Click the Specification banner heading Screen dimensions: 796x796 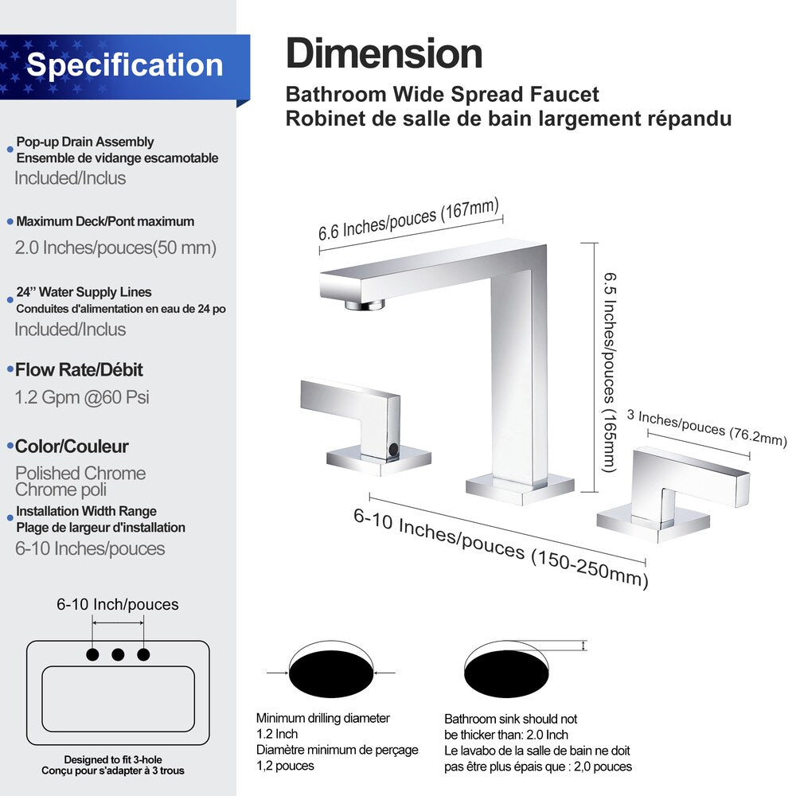(x=124, y=64)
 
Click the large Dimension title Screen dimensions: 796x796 (x=384, y=54)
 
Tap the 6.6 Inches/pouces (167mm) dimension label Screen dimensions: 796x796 (x=409, y=220)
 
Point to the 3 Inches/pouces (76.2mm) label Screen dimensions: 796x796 (x=707, y=427)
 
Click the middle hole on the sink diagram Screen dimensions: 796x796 (x=118, y=654)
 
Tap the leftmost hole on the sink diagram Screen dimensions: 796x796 (x=92, y=654)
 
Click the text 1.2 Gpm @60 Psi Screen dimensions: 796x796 (x=82, y=396)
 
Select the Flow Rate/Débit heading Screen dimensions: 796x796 (x=79, y=369)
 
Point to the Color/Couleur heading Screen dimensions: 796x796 (x=72, y=447)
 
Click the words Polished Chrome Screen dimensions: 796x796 (x=80, y=474)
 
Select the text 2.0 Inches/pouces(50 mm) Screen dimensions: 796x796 (x=115, y=248)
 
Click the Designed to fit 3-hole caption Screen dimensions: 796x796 (x=113, y=759)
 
